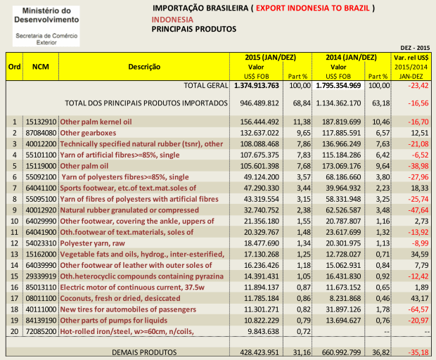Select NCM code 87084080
[39, 131]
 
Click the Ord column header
[13, 66]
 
